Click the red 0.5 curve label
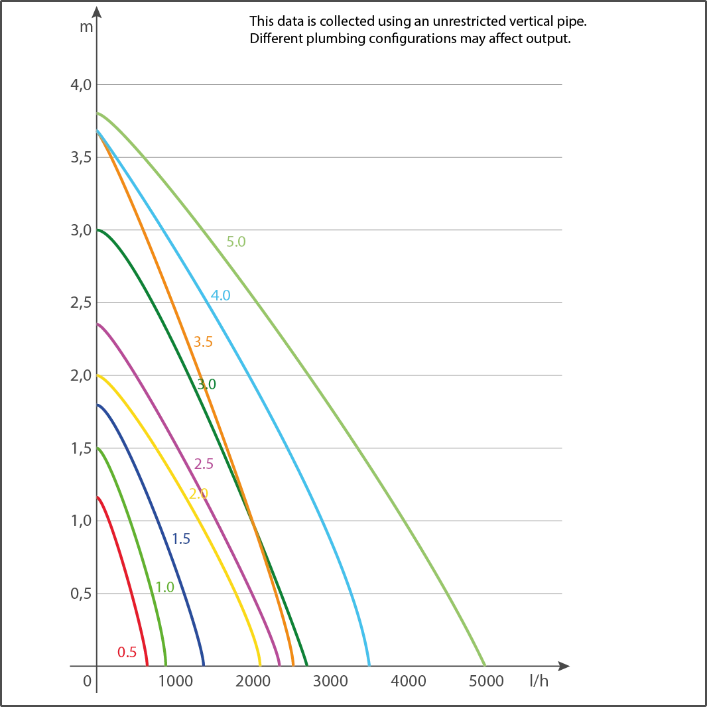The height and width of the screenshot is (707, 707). click(x=127, y=652)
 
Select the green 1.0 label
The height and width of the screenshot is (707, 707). click(x=164, y=586)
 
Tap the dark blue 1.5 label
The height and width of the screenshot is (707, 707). click(x=180, y=539)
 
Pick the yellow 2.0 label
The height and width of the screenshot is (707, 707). click(x=200, y=493)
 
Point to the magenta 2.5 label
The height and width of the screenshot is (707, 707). click(x=206, y=464)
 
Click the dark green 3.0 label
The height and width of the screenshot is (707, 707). click(x=207, y=384)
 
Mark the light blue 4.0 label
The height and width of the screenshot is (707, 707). click(x=222, y=296)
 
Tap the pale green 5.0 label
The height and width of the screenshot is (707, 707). click(x=237, y=241)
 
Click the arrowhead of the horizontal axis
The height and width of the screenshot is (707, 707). click(x=564, y=665)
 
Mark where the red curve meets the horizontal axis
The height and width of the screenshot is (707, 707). click(x=147, y=664)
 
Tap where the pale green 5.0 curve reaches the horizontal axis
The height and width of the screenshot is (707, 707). click(x=486, y=664)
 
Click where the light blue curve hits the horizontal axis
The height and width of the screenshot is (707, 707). click(x=369, y=664)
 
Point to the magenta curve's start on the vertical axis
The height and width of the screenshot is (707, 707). click(x=98, y=324)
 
